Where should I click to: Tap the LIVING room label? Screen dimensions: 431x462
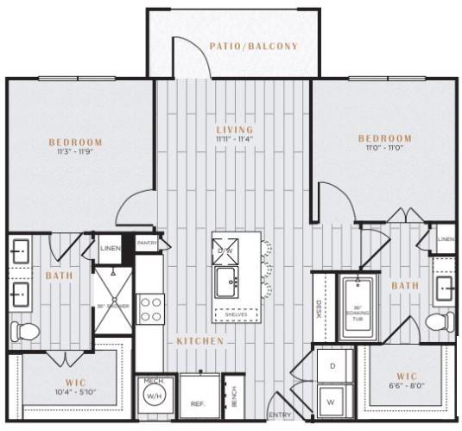click(x=235, y=130)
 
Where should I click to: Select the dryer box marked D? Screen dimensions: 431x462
click(x=332, y=366)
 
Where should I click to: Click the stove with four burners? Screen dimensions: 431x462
click(x=151, y=308)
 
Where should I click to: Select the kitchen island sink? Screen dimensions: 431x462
click(x=229, y=281)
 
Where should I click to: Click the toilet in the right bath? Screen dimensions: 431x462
click(x=439, y=322)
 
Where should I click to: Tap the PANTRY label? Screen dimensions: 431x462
click(x=147, y=244)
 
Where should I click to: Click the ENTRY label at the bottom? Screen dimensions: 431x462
click(x=280, y=415)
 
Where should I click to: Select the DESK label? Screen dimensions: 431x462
click(x=318, y=308)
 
